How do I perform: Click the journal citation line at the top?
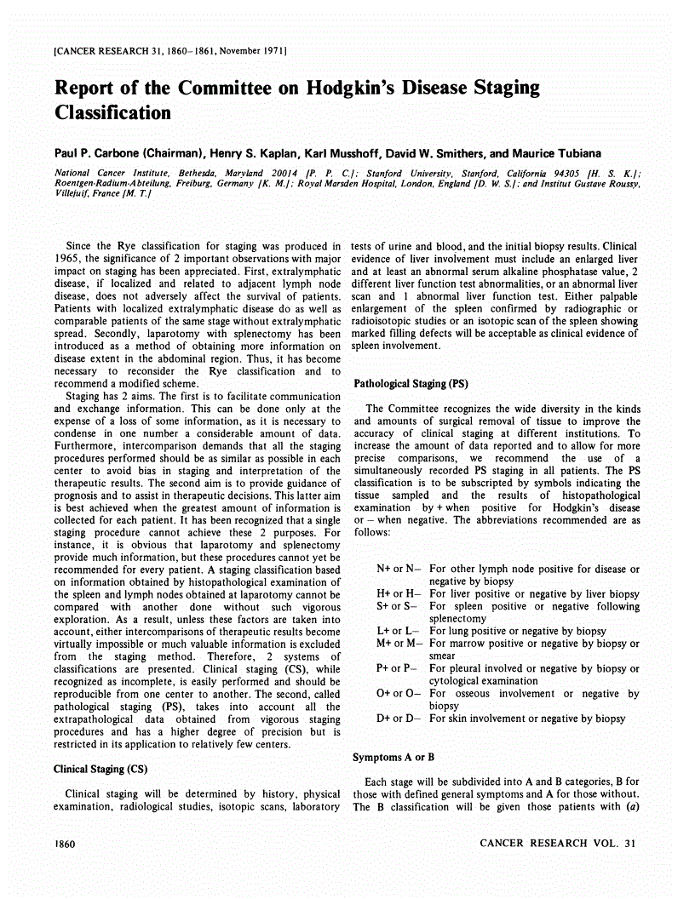point(169,53)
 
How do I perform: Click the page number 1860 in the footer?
point(66,844)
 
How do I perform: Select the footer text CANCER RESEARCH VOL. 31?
point(558,844)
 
